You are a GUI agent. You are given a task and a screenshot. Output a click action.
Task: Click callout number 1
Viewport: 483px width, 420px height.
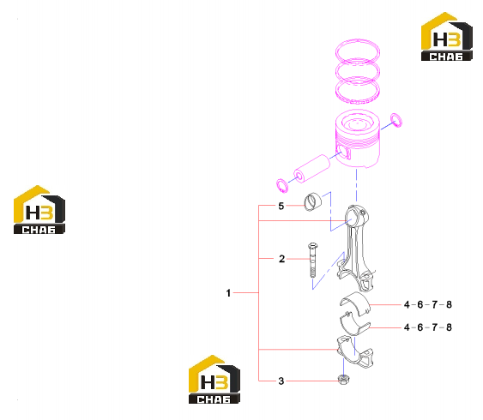[x=228, y=293]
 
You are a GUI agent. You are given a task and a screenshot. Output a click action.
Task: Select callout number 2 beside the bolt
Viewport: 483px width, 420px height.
[x=281, y=259]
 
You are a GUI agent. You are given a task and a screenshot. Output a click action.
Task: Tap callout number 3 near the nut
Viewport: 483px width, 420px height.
[x=281, y=381]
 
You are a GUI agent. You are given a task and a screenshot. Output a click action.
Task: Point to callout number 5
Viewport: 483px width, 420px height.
[x=281, y=206]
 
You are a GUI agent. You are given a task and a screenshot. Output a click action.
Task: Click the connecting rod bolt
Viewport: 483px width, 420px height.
[x=312, y=260]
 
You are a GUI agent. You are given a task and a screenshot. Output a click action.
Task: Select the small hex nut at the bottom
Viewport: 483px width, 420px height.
[x=343, y=380]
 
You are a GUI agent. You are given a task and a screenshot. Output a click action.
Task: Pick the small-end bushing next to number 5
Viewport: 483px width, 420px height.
[x=312, y=201]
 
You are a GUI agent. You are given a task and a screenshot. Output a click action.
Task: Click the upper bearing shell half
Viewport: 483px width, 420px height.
[x=355, y=303]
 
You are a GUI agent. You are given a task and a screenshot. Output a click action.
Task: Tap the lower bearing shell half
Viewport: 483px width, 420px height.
[x=354, y=325]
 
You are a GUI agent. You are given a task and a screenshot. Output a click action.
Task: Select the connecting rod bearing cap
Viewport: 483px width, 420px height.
[x=355, y=352]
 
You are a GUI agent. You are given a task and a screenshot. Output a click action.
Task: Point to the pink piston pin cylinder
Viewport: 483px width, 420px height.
[x=311, y=168]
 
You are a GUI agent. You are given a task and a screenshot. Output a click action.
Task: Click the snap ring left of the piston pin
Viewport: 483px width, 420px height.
[x=282, y=185]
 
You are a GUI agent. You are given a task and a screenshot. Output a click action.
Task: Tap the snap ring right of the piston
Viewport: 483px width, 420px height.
[x=396, y=120]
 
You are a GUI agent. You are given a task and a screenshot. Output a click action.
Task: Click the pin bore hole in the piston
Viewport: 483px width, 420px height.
[x=343, y=150]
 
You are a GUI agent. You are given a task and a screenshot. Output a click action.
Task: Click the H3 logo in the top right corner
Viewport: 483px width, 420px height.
[x=447, y=36]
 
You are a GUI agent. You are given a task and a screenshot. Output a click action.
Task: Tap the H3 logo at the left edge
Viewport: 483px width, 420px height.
[x=39, y=209]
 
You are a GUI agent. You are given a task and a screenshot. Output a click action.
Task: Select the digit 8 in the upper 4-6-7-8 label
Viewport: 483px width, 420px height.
[x=449, y=304]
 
